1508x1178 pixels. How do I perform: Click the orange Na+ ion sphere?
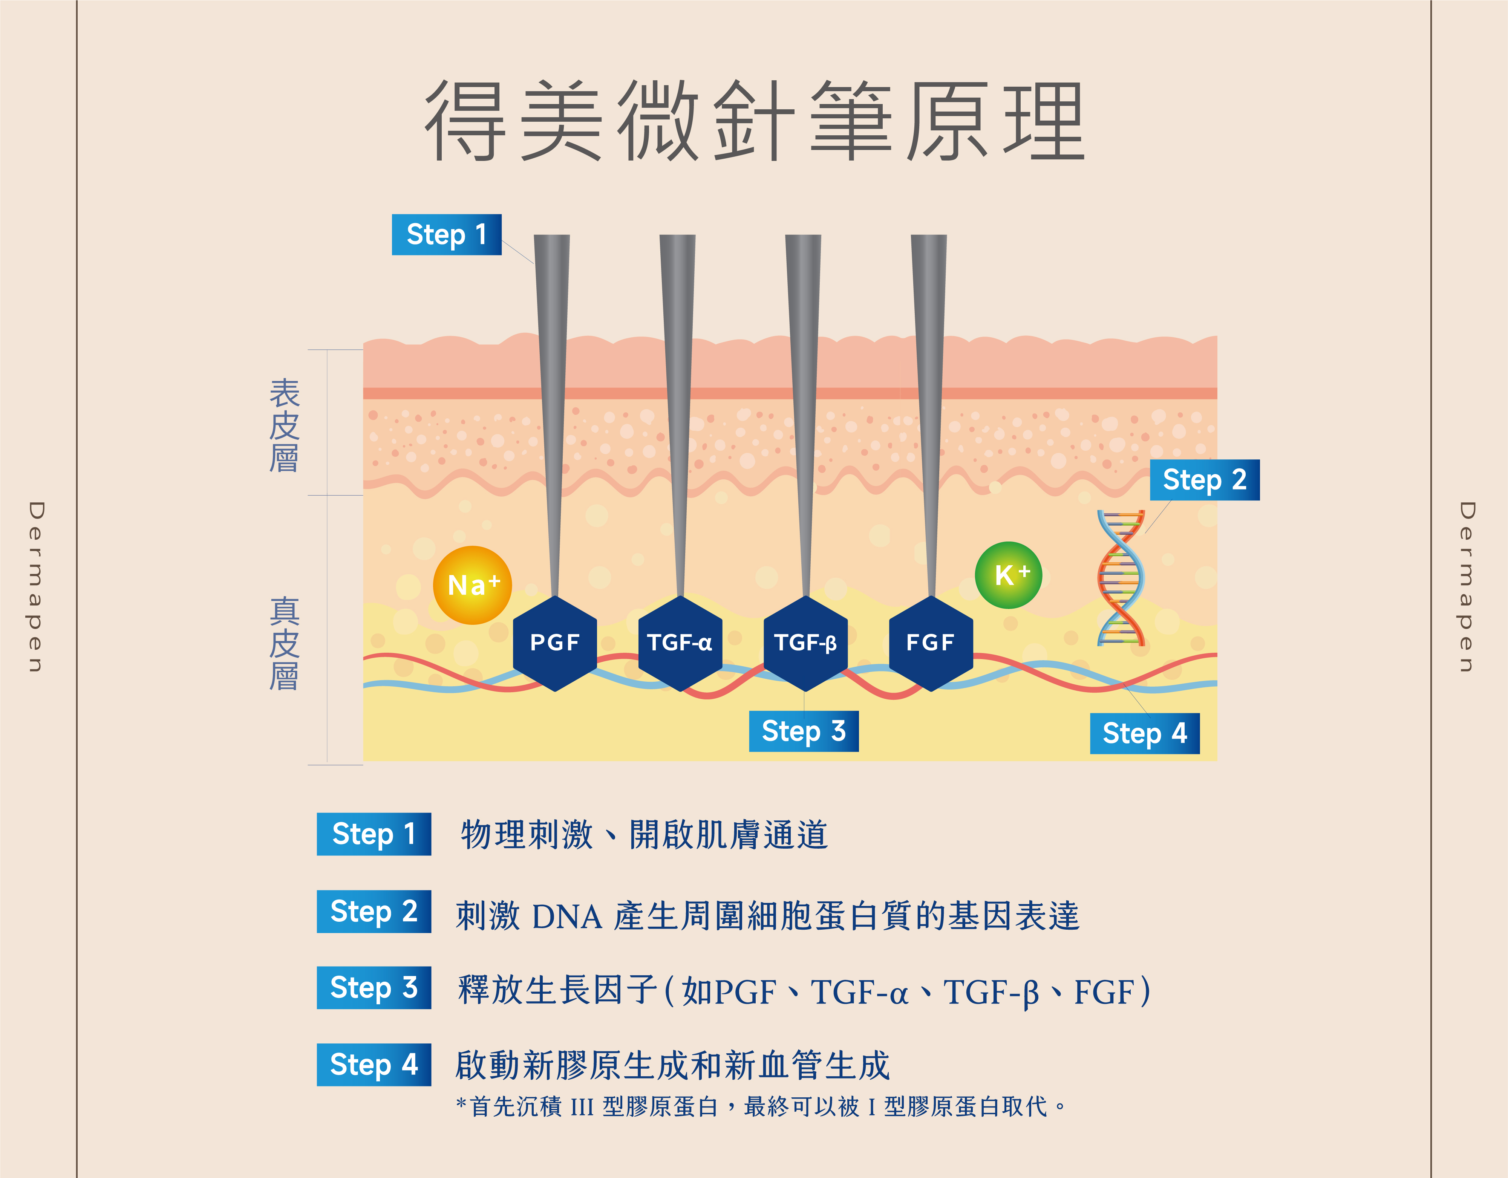[472, 585]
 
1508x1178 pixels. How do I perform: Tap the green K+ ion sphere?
[1008, 575]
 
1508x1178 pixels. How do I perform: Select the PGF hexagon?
[554, 643]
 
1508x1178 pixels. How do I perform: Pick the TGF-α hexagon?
[680, 643]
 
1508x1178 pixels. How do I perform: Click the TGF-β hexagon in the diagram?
[805, 643]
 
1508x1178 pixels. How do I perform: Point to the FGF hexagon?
[931, 643]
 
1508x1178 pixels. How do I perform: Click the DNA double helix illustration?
[1121, 579]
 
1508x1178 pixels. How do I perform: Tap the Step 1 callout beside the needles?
[446, 235]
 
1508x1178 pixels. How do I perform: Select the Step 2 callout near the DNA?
[1204, 480]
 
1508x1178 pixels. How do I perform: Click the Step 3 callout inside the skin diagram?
[804, 731]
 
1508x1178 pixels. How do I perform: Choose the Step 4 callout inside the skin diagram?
[1144, 733]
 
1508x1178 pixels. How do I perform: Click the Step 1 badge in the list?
[374, 834]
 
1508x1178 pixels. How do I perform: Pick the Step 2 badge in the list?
[374, 912]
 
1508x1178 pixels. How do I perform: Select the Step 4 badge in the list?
[374, 1064]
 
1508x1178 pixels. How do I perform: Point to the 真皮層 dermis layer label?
[284, 644]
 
